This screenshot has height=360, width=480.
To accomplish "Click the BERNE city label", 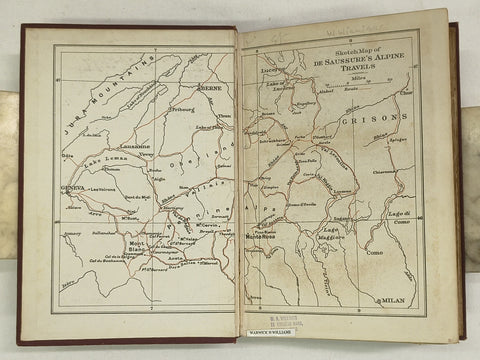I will coord(211,89).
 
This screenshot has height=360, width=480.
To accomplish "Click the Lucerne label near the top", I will coord(272,73).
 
